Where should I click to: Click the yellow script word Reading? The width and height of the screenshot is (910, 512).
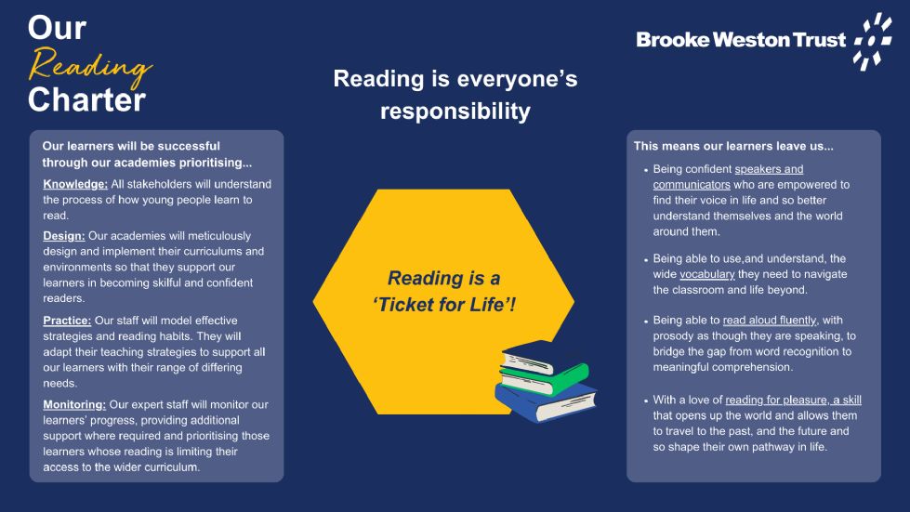(x=90, y=66)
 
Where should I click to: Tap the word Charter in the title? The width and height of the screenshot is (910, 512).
(x=86, y=99)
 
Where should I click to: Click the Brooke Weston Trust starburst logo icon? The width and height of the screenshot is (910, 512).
(x=872, y=42)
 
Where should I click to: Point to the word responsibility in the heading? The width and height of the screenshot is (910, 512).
(x=455, y=112)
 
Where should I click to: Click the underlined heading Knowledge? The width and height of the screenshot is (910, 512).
(x=75, y=184)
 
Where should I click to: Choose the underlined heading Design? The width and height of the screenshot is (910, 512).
(x=64, y=236)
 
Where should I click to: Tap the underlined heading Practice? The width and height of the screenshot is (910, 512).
(x=67, y=321)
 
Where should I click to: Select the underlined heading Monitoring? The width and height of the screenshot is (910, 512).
(x=74, y=405)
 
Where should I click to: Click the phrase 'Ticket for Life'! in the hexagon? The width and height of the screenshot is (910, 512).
(x=444, y=305)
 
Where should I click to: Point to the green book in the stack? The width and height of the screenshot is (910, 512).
(x=544, y=378)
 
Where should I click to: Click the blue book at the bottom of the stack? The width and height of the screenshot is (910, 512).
(x=546, y=402)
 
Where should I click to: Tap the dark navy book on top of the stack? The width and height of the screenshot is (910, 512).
(x=529, y=356)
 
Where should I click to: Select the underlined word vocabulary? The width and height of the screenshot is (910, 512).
(x=706, y=274)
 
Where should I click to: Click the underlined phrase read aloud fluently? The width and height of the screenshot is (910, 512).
(x=769, y=320)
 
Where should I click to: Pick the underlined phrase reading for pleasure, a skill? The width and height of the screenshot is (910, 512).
(x=794, y=400)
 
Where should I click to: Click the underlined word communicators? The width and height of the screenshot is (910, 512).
(x=692, y=185)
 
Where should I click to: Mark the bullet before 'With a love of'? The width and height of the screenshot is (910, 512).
(x=646, y=400)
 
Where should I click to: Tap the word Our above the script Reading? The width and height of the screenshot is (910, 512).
(x=57, y=28)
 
